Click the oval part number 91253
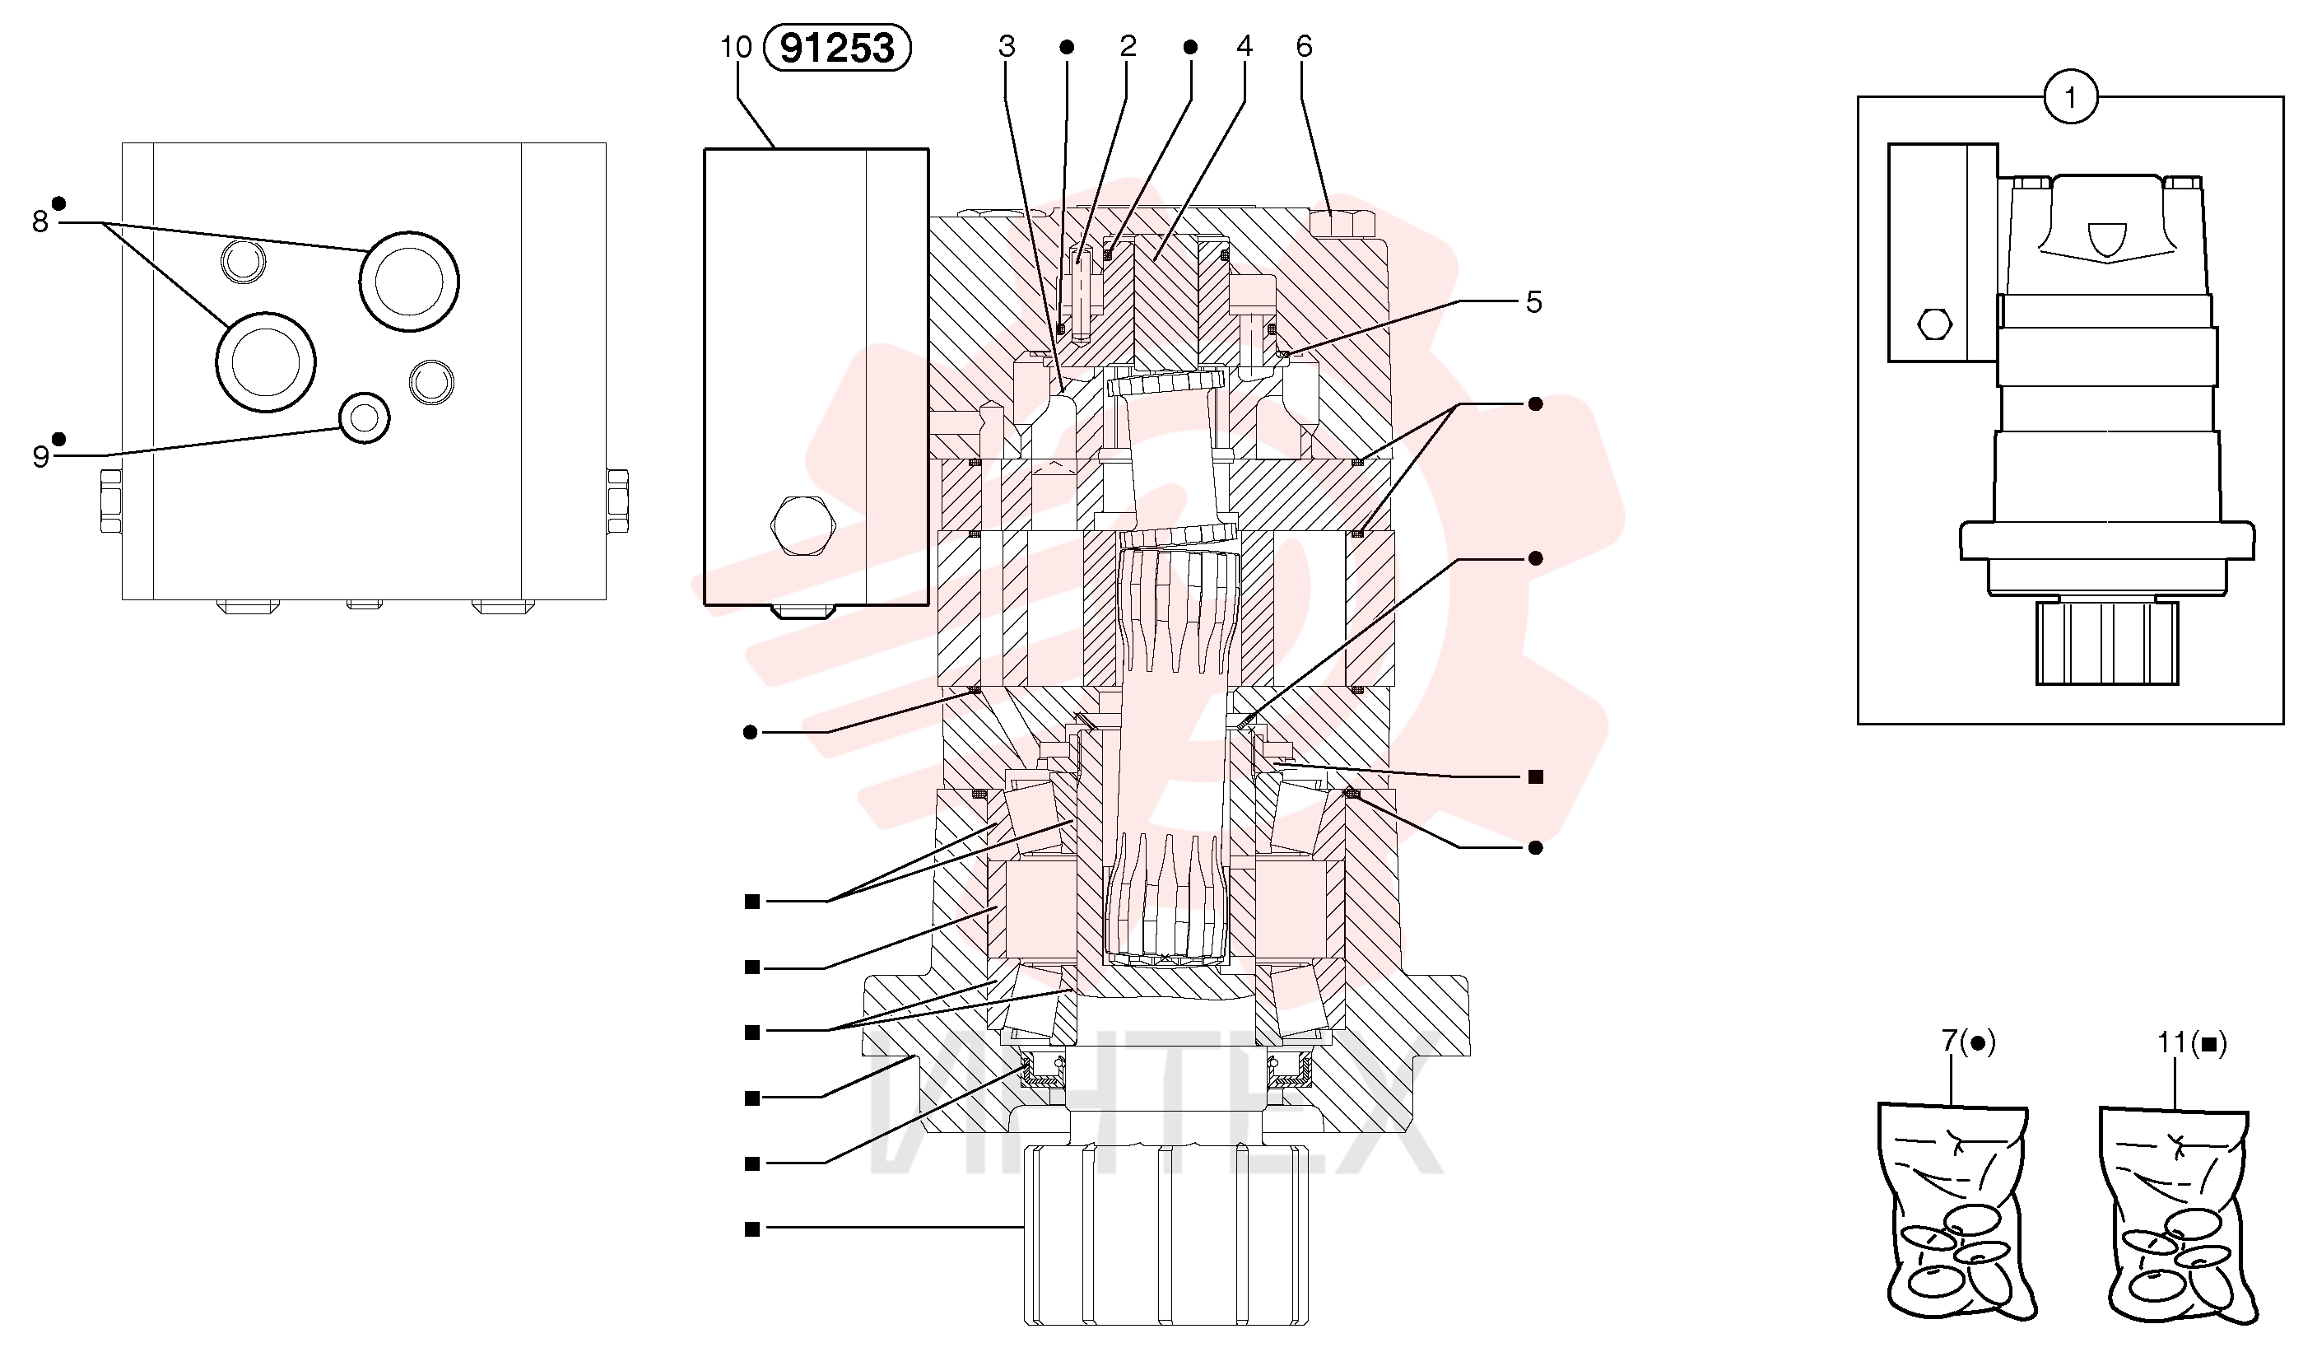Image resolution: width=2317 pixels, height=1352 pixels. coord(837,48)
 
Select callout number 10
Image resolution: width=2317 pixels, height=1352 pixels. coord(736,47)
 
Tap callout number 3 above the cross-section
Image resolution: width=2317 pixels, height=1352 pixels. coord(1007,46)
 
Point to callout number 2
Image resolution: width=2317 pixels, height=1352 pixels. coord(1128,46)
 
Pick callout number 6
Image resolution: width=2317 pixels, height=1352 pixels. coord(1305,46)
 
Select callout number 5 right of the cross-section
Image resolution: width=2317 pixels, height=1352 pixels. coord(1533,301)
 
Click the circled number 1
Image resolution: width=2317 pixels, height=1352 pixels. coord(2070,96)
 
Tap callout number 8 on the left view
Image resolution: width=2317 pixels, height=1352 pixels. coord(40,221)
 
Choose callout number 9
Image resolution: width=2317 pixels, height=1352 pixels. coord(40,457)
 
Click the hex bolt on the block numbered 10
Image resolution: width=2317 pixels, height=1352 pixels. coord(803,525)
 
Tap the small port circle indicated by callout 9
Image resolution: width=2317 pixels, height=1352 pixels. coord(364,418)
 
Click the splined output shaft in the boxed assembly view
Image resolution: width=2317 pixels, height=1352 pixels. coord(2106,642)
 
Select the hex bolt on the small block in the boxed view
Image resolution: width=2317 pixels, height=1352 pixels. coord(1935,324)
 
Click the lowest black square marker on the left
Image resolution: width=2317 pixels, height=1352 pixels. coord(752,1228)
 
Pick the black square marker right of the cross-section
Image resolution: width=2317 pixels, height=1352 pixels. coord(1534,777)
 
